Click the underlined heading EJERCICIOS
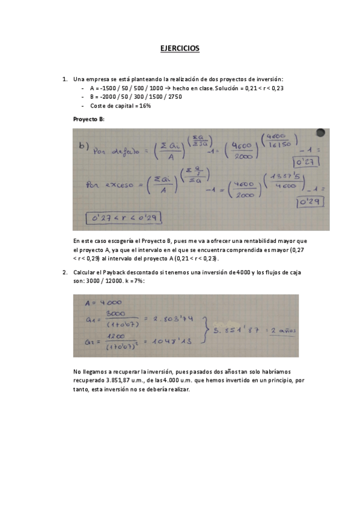click(180, 48)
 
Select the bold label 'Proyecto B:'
click(89, 119)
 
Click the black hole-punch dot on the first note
click(320, 132)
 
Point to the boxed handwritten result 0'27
click(307, 162)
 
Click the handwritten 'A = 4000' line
click(103, 303)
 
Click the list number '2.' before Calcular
click(65, 272)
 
